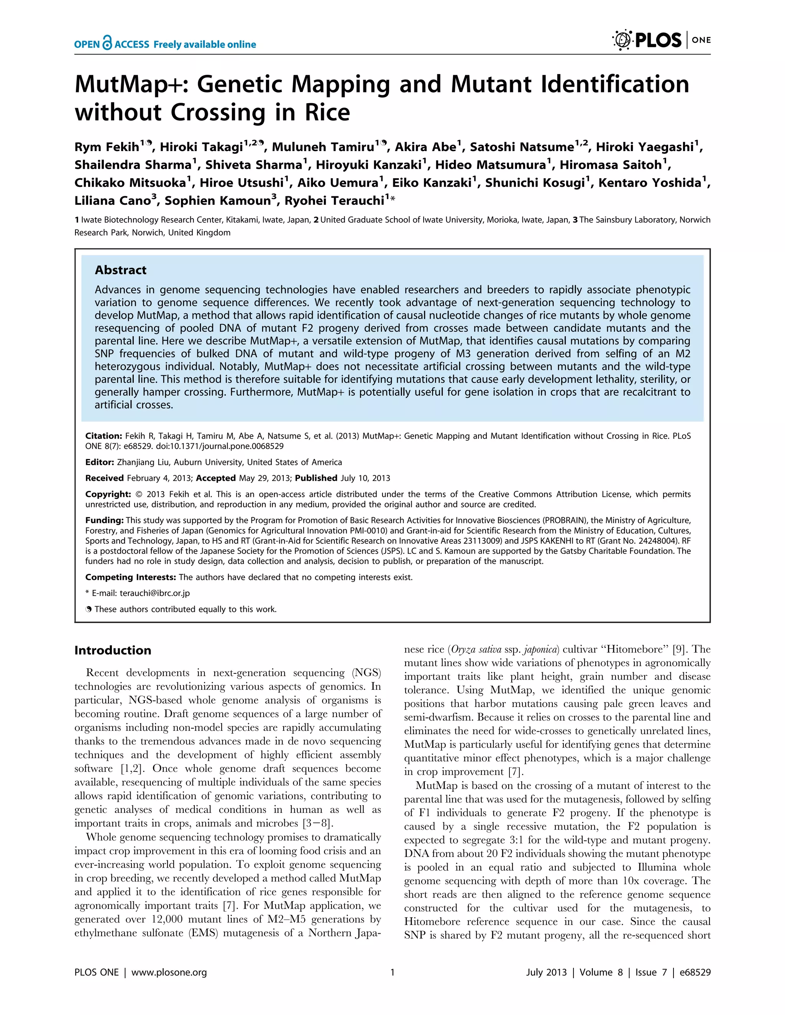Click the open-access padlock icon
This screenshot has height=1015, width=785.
point(107,43)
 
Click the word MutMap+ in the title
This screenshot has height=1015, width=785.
point(131,85)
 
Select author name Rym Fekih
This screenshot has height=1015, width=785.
point(107,147)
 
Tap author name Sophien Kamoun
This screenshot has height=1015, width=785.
point(217,201)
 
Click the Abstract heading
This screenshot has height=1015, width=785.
point(120,270)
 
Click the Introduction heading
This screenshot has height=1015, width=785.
point(112,650)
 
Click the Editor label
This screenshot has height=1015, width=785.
point(99,462)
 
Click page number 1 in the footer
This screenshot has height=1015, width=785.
point(392,972)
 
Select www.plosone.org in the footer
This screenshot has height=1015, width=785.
point(169,972)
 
